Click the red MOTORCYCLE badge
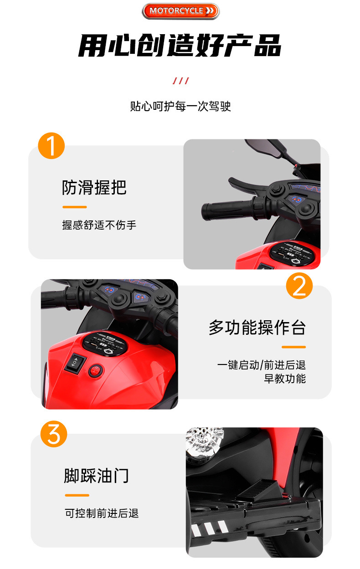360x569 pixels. [x=180, y=11]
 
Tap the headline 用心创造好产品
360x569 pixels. [x=180, y=46]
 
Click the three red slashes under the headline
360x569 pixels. [x=180, y=81]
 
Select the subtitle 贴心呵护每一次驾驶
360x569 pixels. [x=180, y=106]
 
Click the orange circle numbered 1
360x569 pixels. [x=51, y=146]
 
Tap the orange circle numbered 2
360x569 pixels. [x=299, y=286]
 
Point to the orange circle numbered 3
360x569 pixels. [x=54, y=434]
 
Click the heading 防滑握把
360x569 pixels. [x=94, y=188]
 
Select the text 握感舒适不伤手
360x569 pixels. [x=99, y=225]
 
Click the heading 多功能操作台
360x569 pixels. [x=257, y=328]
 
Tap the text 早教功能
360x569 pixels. [x=285, y=379]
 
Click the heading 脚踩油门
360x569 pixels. [x=96, y=476]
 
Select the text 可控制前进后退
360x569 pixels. [x=102, y=513]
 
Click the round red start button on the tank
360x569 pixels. [x=96, y=371]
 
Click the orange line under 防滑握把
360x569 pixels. [x=75, y=207]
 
